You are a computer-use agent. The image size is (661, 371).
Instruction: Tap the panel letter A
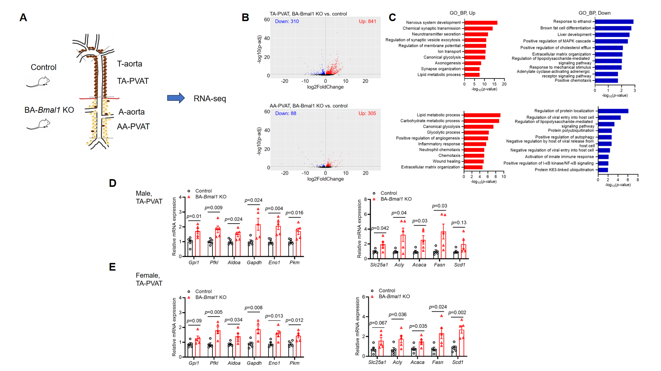pos(23,18)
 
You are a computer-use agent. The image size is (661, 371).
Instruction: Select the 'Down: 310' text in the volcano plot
pos(287,21)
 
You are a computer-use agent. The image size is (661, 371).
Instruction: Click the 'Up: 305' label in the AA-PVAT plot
pos(367,113)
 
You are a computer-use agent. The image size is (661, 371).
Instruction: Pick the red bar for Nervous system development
pos(481,23)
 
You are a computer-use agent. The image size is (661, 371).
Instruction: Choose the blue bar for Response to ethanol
pos(614,22)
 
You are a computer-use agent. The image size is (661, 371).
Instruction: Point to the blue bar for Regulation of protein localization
pos(613,111)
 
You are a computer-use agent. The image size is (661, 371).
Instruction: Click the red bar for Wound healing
pos(474,161)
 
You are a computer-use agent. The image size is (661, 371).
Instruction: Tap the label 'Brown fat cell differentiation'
pos(566,28)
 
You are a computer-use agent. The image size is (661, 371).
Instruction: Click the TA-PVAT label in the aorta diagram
pos(133,81)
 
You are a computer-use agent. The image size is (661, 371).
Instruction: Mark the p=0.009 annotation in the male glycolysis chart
pos(214,208)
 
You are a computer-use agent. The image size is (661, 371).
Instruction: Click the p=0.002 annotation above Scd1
pos(457,313)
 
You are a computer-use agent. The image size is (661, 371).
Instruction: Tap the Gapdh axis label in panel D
pos(254,263)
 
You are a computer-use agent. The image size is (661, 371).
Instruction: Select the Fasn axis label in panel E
pos(437,363)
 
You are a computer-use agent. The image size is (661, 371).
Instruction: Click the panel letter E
pos(113,267)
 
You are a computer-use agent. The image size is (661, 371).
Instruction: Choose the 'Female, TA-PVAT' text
pos(149,279)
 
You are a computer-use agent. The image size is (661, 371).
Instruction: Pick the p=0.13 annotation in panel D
pos(459,223)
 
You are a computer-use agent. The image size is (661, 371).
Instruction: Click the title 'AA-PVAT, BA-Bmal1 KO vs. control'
pos(309,106)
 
